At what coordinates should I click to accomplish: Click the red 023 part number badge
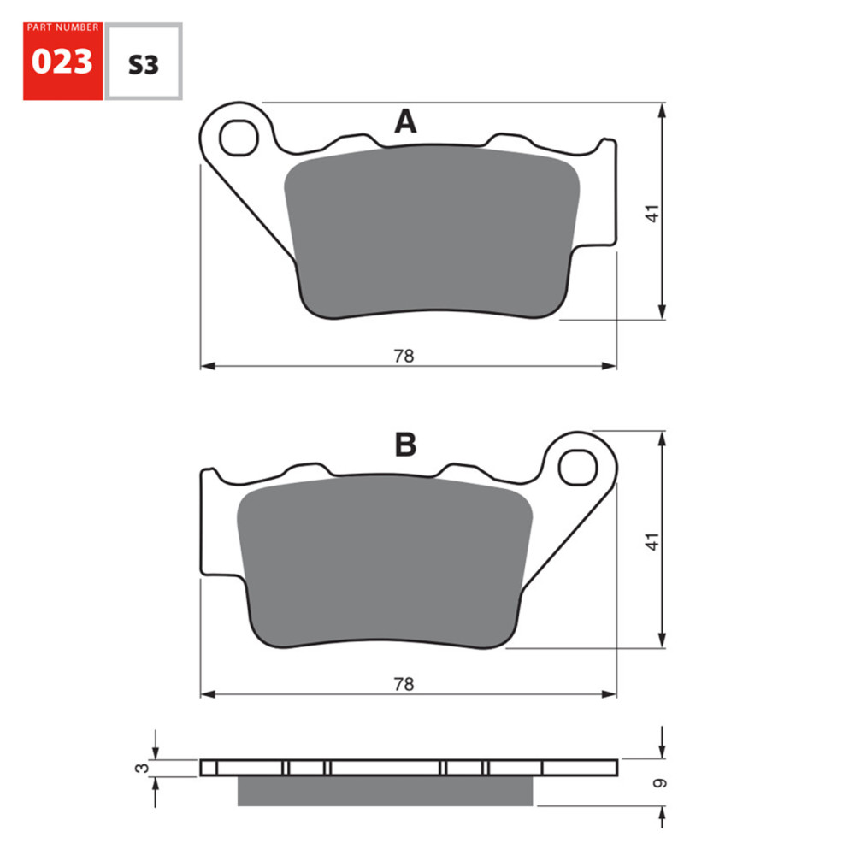(62, 62)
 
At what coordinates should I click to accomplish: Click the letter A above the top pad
(405, 122)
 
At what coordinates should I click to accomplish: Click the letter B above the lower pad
(405, 445)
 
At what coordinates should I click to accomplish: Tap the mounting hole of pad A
(238, 138)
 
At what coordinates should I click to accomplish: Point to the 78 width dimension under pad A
(404, 356)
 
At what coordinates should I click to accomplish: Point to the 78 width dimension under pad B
(404, 684)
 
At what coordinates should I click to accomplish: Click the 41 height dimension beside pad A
(653, 212)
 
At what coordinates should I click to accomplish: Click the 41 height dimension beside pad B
(653, 540)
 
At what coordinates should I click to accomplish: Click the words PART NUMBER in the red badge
(62, 27)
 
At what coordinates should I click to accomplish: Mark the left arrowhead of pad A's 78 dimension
(206, 366)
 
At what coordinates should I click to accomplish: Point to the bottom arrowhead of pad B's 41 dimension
(663, 642)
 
